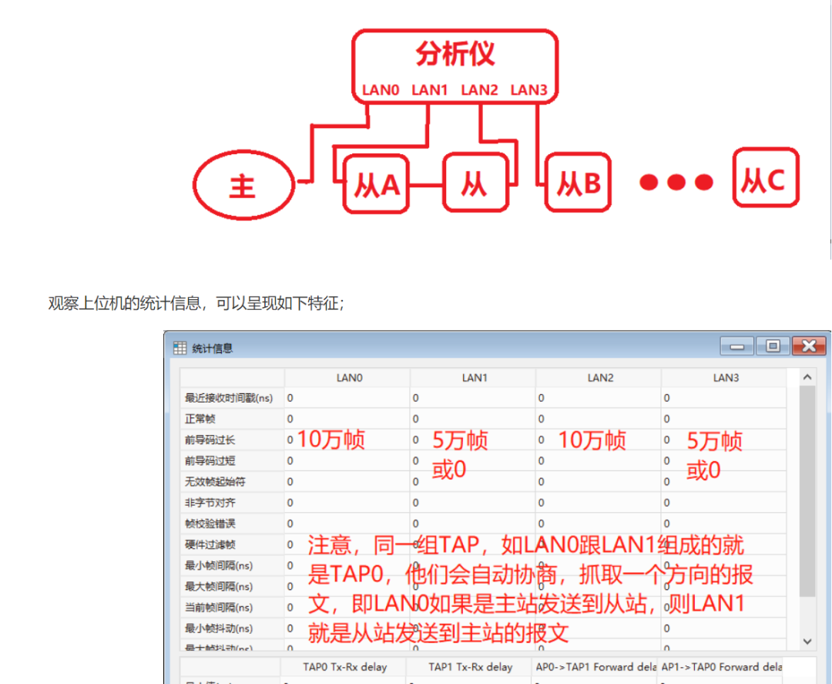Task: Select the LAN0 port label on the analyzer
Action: click(381, 90)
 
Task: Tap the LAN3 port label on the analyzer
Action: click(528, 90)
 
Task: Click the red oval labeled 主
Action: click(243, 186)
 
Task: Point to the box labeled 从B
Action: click(578, 184)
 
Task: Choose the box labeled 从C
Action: click(766, 179)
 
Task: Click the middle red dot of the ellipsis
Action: click(676, 182)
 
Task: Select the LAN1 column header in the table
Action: click(475, 378)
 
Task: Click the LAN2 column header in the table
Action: click(600, 378)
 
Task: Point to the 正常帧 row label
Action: click(200, 419)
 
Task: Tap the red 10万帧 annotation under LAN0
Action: click(330, 440)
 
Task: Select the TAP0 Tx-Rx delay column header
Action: click(344, 666)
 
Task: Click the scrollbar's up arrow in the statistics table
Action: click(807, 378)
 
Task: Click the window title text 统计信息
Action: click(212, 348)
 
